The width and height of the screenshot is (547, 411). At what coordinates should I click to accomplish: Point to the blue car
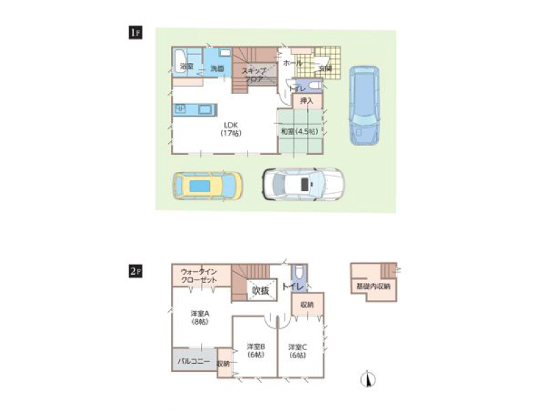tap(363, 103)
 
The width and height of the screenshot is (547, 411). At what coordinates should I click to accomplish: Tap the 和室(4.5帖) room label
tap(298, 131)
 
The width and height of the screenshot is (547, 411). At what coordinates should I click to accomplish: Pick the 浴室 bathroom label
tap(186, 66)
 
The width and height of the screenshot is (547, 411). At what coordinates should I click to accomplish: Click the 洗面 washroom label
tap(217, 68)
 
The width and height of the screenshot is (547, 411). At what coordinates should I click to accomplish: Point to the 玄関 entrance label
tap(324, 68)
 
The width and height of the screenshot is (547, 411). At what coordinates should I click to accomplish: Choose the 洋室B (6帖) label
tap(256, 350)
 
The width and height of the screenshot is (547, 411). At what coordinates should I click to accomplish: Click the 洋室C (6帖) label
tap(297, 350)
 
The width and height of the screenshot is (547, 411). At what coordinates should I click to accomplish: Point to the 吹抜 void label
tap(261, 290)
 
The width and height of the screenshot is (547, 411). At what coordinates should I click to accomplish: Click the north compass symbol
tap(369, 378)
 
